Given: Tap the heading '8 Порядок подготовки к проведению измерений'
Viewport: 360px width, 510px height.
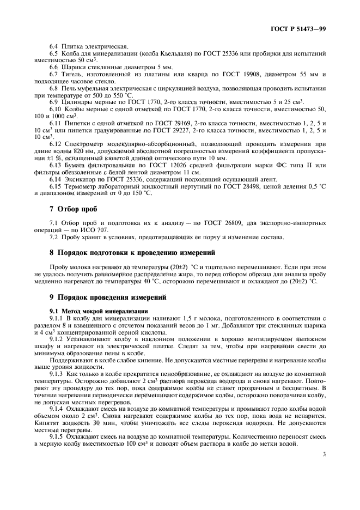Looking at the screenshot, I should (x=125, y=252).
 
